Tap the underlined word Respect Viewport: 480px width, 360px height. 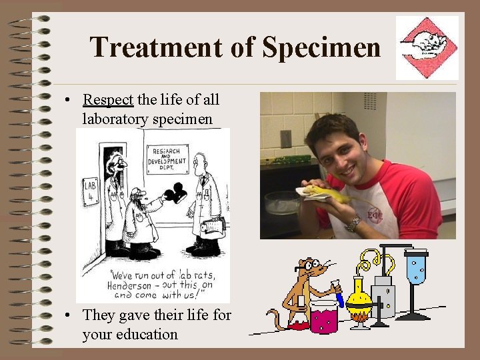[x=108, y=100]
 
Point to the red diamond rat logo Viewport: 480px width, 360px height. [x=427, y=47]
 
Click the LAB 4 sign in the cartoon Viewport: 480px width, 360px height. [x=89, y=191]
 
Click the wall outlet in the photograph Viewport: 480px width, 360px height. [x=285, y=139]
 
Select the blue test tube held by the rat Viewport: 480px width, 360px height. [x=338, y=295]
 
